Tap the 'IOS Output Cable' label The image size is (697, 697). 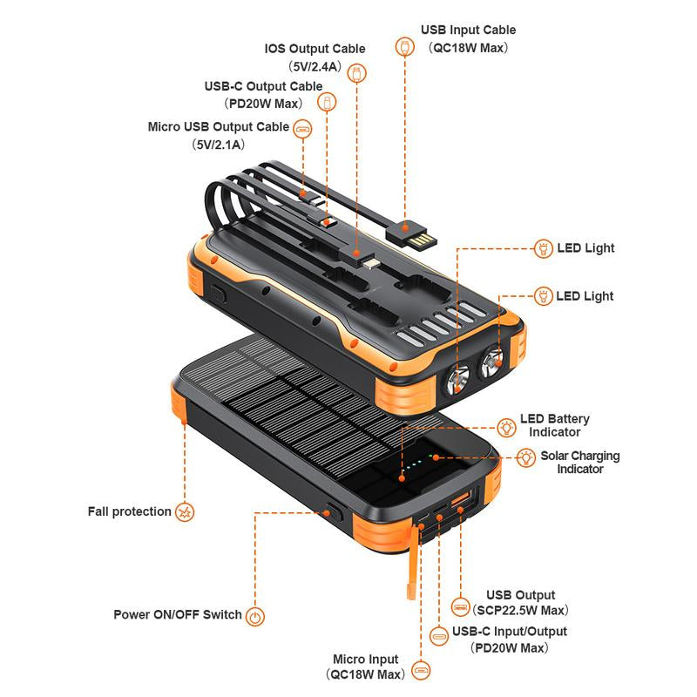coord(315,49)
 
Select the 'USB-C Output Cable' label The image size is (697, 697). coord(263,86)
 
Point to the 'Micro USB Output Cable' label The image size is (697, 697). coord(218,126)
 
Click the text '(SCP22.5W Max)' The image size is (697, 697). coord(523,610)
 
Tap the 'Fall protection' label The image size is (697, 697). coord(129,511)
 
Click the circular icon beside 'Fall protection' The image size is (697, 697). coord(185,511)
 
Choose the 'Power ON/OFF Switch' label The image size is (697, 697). coord(178,614)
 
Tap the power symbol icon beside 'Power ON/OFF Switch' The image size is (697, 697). coord(255,617)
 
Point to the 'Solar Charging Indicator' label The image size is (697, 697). coord(580,462)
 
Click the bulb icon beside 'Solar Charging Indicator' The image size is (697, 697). coord(526,457)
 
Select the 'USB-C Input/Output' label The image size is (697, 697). coord(510,631)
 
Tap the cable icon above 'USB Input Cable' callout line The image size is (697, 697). coord(405,46)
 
